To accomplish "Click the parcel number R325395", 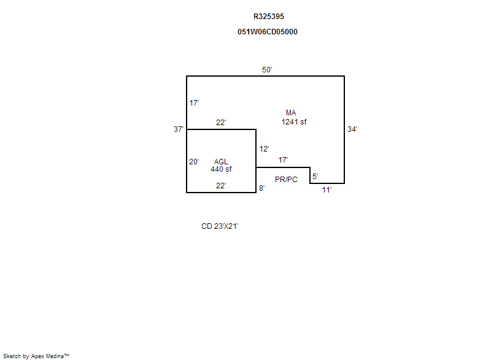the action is pyautogui.click(x=269, y=17).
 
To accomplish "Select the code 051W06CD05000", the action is pyautogui.click(x=268, y=32).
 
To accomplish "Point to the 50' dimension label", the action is pyautogui.click(x=267, y=70).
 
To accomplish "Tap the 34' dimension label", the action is pyautogui.click(x=352, y=129).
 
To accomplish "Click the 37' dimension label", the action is pyautogui.click(x=179, y=129).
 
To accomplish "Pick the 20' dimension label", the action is pyautogui.click(x=194, y=162).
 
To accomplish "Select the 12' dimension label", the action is pyautogui.click(x=264, y=149).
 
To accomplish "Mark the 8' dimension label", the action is pyautogui.click(x=262, y=188).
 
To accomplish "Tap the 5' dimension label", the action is pyautogui.click(x=315, y=177).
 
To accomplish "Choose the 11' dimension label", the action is pyautogui.click(x=327, y=190).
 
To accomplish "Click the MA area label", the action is pyautogui.click(x=291, y=113).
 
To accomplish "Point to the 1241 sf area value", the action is pyautogui.click(x=294, y=122).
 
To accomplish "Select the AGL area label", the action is pyautogui.click(x=221, y=162).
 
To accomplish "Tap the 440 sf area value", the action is pyautogui.click(x=221, y=169).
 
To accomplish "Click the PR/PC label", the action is pyautogui.click(x=286, y=180).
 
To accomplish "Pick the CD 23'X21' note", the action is pyautogui.click(x=220, y=226).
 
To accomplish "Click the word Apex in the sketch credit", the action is pyautogui.click(x=37, y=356).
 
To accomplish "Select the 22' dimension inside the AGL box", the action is pyautogui.click(x=221, y=186).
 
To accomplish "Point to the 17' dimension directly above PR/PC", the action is pyautogui.click(x=283, y=160).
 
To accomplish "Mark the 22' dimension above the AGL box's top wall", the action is pyautogui.click(x=221, y=123).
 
